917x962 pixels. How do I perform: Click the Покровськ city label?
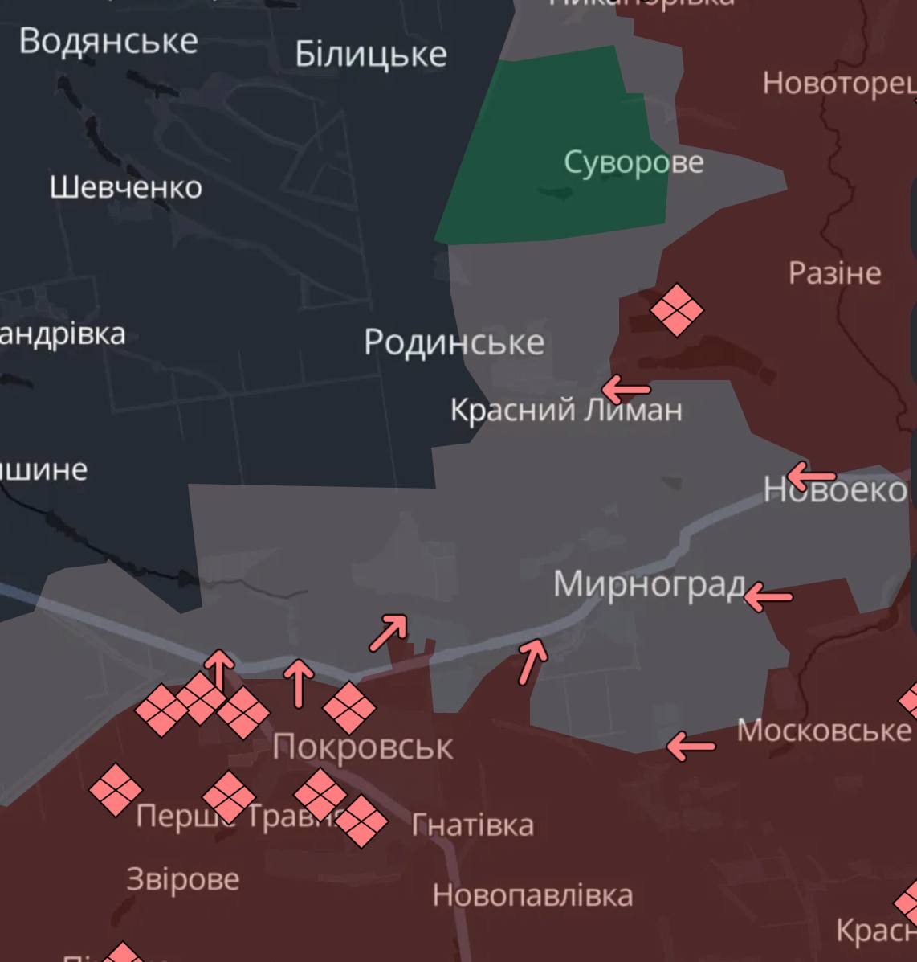(362, 747)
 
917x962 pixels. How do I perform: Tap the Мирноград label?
(649, 584)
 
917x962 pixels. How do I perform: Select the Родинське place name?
(454, 342)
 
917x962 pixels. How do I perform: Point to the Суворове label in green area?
(634, 162)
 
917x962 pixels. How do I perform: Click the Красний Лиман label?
(565, 411)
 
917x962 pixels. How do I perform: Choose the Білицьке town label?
(370, 55)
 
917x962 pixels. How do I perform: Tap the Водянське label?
(108, 41)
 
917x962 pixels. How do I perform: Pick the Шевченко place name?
(125, 188)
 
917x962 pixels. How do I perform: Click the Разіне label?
(834, 273)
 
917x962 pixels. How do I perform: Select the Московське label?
(823, 731)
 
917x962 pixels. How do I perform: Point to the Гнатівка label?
(472, 825)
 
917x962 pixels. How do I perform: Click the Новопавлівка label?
(532, 895)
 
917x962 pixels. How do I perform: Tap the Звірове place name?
(183, 879)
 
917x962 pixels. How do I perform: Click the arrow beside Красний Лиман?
(626, 390)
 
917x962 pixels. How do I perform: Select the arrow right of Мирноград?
(768, 597)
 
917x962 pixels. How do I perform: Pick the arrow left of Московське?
(691, 746)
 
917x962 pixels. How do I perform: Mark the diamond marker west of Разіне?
(676, 309)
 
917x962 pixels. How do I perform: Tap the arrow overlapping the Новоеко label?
(811, 476)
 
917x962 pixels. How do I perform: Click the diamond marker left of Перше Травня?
(116, 789)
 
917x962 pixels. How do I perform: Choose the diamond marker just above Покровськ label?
(349, 707)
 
